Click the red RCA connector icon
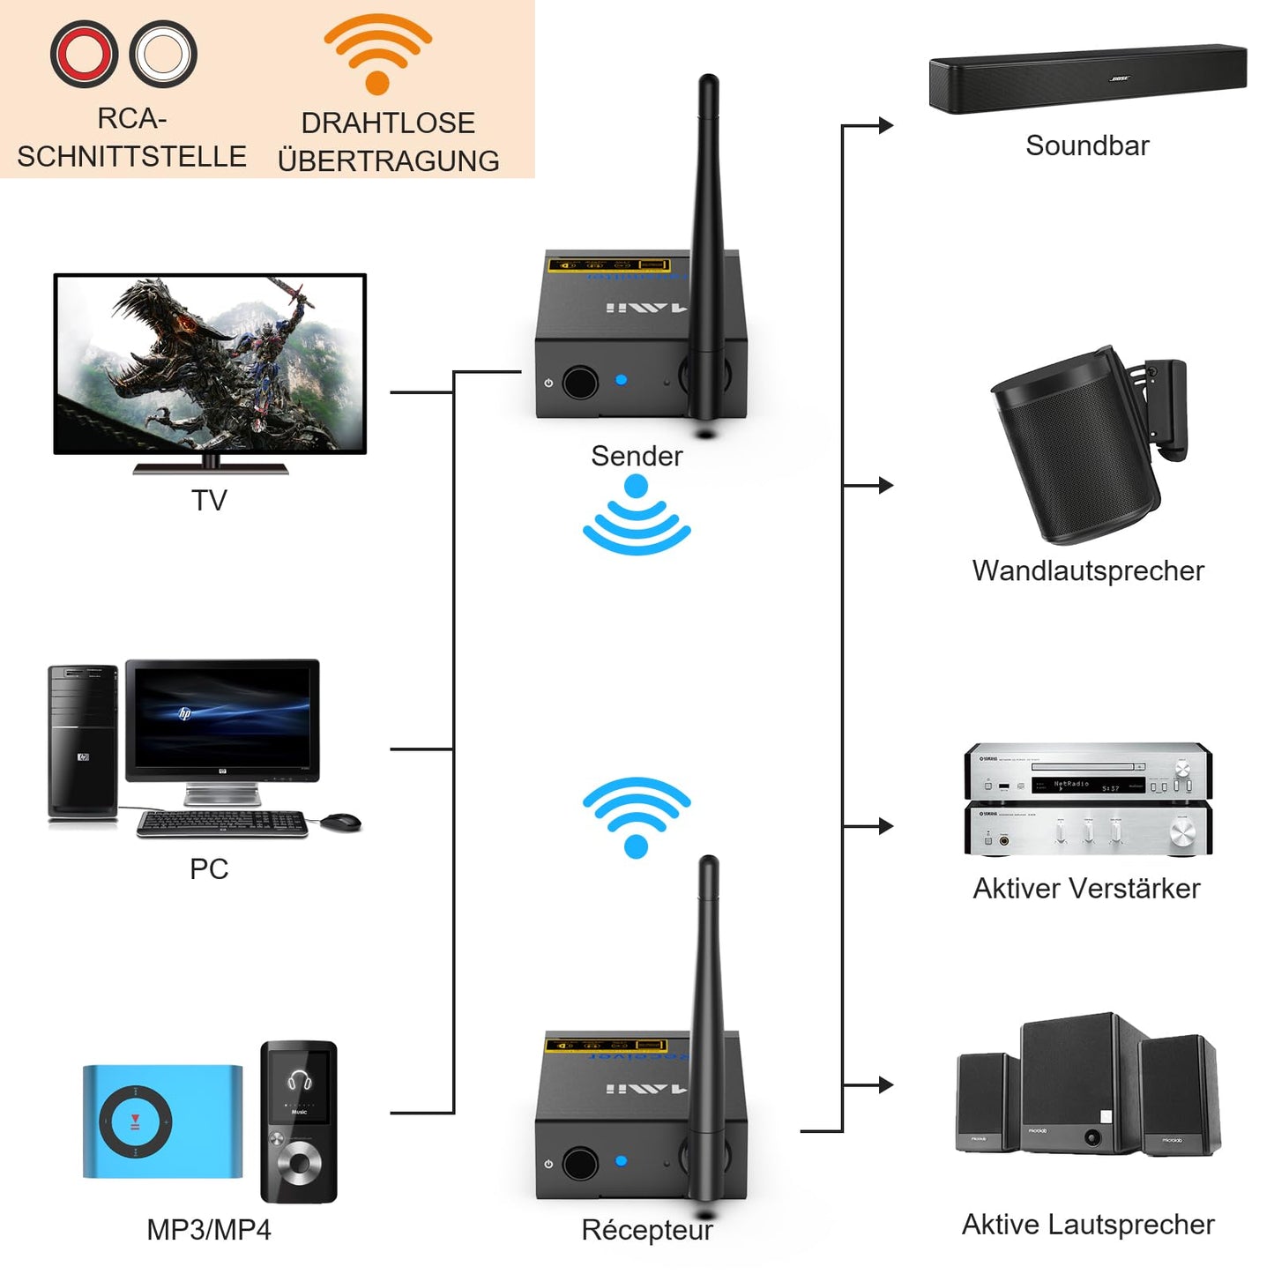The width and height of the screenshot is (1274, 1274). [84, 54]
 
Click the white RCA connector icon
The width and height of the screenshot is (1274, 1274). [163, 54]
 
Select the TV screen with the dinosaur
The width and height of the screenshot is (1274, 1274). [210, 363]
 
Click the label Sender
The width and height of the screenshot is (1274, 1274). [637, 456]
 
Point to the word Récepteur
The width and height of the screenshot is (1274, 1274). [647, 1229]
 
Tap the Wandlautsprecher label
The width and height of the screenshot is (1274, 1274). [1088, 570]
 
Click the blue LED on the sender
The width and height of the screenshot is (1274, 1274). [622, 380]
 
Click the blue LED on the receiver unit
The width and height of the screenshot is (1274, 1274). [622, 1161]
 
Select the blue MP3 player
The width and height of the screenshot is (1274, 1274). [162, 1121]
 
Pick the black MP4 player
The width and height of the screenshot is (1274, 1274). [299, 1121]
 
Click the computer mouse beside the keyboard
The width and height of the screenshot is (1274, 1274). [340, 822]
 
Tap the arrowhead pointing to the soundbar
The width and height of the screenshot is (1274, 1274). [886, 126]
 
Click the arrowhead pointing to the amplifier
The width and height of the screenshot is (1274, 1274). [886, 826]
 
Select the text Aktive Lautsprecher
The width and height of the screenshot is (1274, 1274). [1088, 1224]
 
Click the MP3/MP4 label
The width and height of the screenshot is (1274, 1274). [209, 1229]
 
